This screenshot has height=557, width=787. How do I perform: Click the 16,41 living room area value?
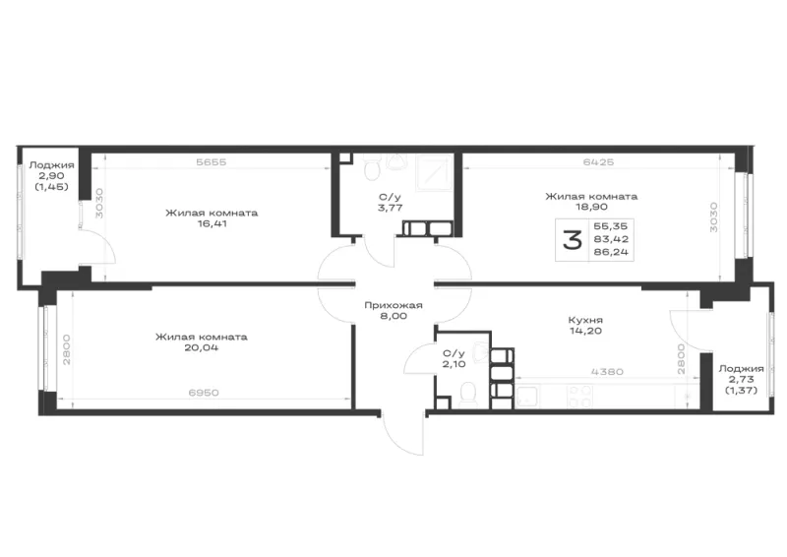pyautogui.click(x=212, y=224)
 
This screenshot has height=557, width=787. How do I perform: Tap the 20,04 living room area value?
pyautogui.click(x=202, y=347)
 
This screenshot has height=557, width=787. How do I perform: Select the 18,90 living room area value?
pyautogui.click(x=591, y=207)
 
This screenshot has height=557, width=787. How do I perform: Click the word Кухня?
pyautogui.click(x=585, y=320)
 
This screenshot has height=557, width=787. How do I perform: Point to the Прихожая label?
pyautogui.click(x=393, y=305)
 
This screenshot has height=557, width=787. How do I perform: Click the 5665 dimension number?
pyautogui.click(x=212, y=161)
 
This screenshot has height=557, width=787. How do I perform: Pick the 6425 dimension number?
pyautogui.click(x=598, y=161)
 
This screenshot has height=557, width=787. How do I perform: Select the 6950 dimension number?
pyautogui.click(x=204, y=393)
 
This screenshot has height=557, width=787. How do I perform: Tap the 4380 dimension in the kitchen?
pyautogui.click(x=607, y=372)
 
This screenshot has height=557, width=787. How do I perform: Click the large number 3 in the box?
pyautogui.click(x=573, y=240)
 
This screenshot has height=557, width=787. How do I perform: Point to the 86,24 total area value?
pyautogui.click(x=611, y=252)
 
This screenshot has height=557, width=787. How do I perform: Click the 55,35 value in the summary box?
pyautogui.click(x=610, y=226)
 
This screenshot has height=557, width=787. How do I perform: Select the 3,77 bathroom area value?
pyautogui.click(x=390, y=208)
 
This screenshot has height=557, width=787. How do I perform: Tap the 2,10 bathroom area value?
pyautogui.click(x=454, y=364)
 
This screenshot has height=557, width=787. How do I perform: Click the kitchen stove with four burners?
pyautogui.click(x=579, y=397)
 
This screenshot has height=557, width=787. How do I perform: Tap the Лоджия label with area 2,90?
pyautogui.click(x=52, y=165)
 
